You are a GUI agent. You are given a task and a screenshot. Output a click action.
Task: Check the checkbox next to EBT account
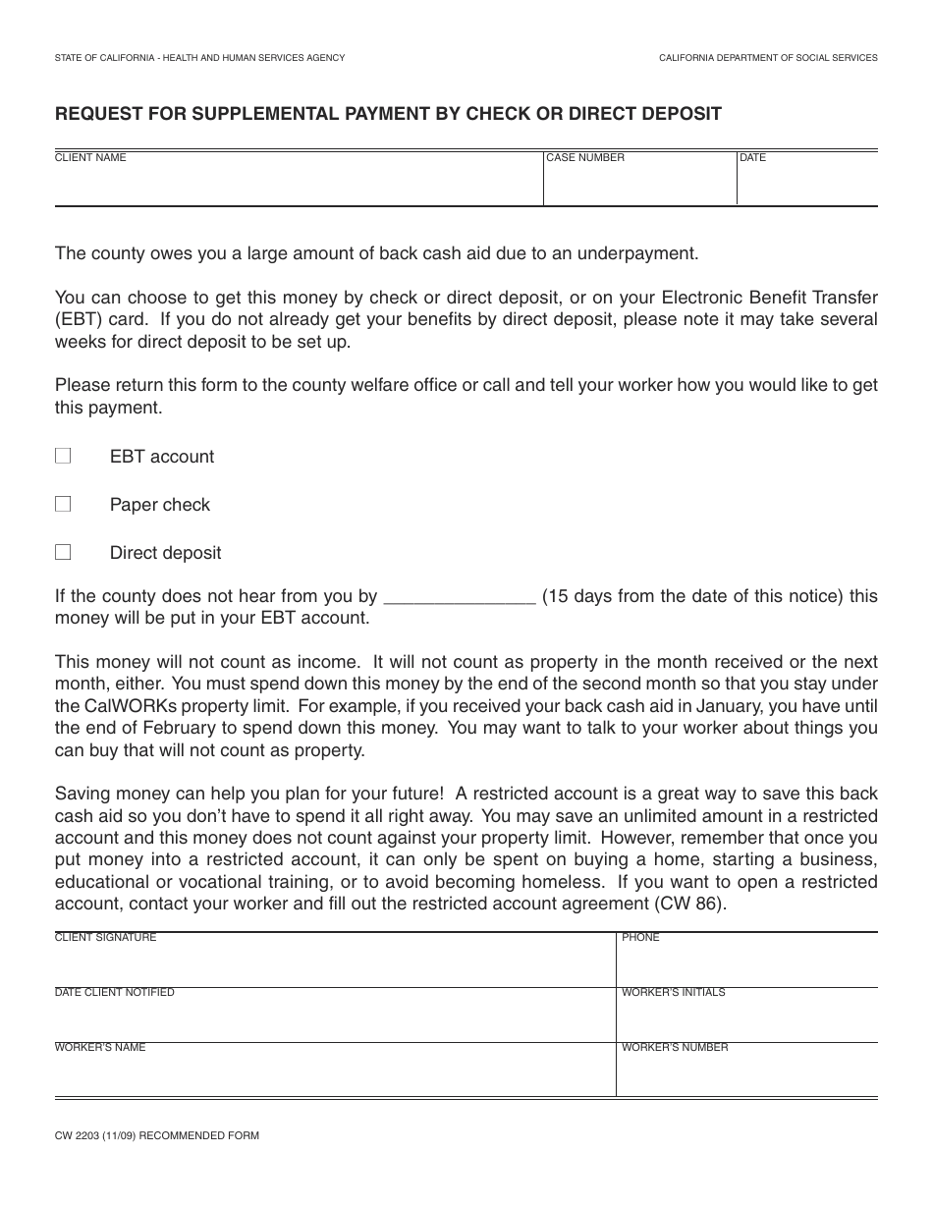(63, 456)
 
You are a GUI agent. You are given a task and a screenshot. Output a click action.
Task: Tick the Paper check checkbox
(63, 504)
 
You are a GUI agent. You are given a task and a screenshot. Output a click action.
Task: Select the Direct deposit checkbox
(63, 552)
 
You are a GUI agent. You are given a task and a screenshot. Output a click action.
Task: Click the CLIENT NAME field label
(90, 157)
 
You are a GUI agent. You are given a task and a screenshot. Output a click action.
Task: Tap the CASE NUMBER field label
(585, 157)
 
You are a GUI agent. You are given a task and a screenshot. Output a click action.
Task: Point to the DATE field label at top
(753, 157)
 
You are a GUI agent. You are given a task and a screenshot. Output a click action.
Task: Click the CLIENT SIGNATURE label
(105, 937)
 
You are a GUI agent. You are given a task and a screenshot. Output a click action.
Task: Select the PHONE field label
(640, 937)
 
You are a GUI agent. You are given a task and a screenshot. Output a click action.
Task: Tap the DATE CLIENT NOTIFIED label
(114, 992)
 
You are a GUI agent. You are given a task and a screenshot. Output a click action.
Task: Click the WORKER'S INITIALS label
(673, 992)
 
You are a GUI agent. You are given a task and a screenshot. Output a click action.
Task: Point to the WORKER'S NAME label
(100, 1047)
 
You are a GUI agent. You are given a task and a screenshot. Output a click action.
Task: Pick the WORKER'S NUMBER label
(675, 1047)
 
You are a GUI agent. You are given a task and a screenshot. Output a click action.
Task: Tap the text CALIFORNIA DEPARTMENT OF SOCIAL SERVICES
(768, 58)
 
